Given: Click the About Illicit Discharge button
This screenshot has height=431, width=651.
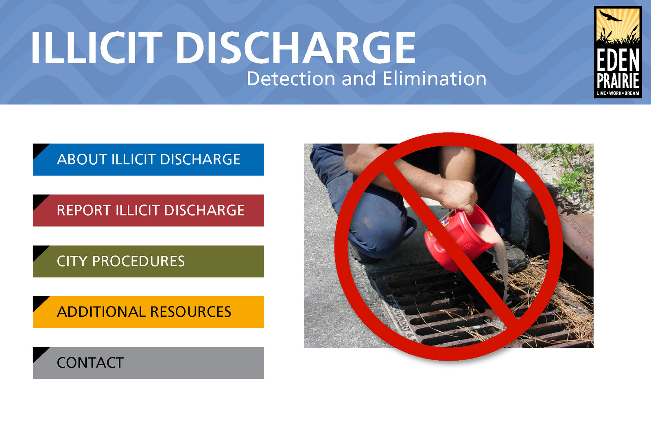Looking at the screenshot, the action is [148, 159].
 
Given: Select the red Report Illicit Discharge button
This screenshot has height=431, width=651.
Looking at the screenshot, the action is [148, 210].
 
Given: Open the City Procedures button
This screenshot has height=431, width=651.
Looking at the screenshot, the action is [148, 261].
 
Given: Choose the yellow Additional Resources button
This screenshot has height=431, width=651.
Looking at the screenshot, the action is [148, 312].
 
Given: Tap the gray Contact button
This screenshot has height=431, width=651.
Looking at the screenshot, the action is [148, 363].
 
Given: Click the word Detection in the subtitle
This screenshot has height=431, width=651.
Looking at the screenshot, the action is [291, 79].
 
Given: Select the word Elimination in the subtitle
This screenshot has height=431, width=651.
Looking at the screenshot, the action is [435, 79].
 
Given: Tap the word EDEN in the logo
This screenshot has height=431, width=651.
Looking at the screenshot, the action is [618, 59].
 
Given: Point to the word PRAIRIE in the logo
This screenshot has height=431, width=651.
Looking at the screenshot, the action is [618, 81].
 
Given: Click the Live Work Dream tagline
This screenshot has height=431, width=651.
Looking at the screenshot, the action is [618, 94].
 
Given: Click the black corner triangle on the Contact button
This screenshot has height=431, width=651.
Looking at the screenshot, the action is [39, 353].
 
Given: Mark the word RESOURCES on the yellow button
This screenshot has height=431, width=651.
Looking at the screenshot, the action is [191, 312].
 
